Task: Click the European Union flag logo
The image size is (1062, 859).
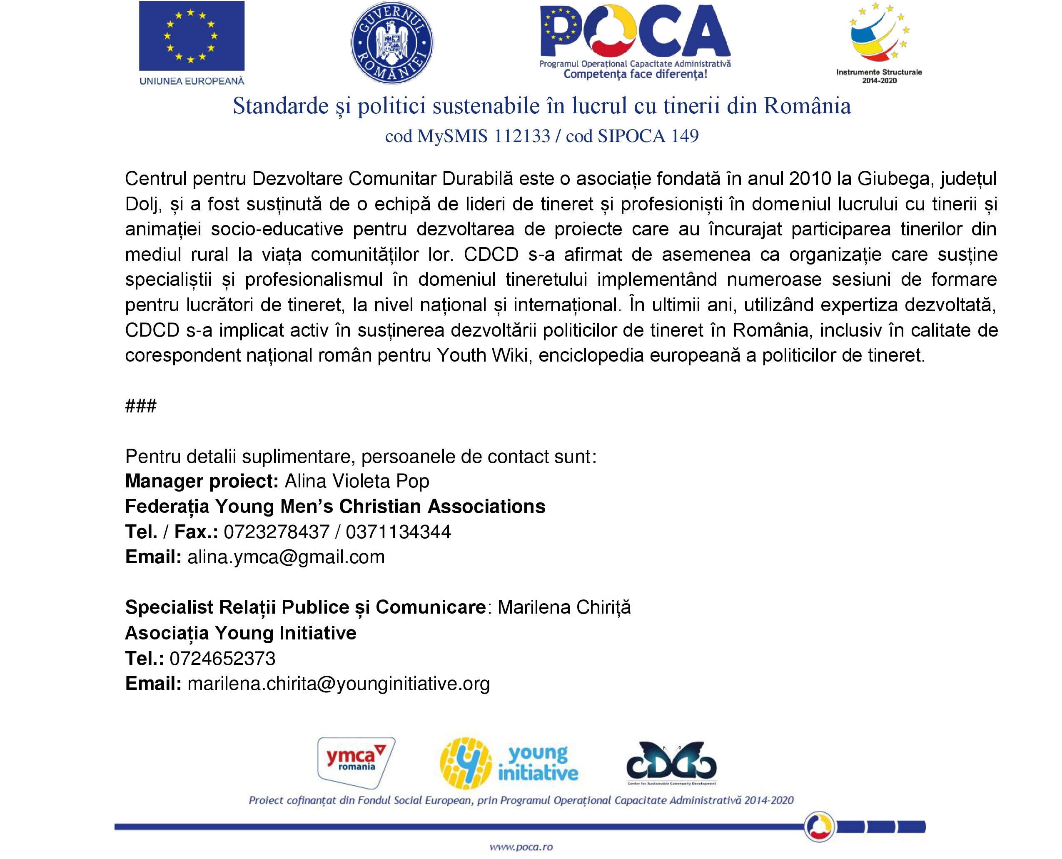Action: coord(192,36)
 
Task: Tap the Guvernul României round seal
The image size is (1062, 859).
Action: coord(392,42)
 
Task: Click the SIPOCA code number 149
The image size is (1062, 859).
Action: coord(685,136)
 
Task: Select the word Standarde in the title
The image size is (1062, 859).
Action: coord(280,106)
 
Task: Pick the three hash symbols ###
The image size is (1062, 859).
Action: coord(141,406)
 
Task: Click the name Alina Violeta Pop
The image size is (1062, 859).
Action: coord(356,482)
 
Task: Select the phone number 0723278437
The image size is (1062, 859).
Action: coord(277,532)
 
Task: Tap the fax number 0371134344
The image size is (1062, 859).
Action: coord(398,532)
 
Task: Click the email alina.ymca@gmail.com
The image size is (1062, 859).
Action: coord(286,557)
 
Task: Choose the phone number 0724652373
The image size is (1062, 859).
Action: coord(222,659)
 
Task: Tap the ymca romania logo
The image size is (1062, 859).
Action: coord(356,762)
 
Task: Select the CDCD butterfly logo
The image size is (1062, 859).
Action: coord(671,764)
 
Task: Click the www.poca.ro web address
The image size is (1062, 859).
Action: coord(521,847)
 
